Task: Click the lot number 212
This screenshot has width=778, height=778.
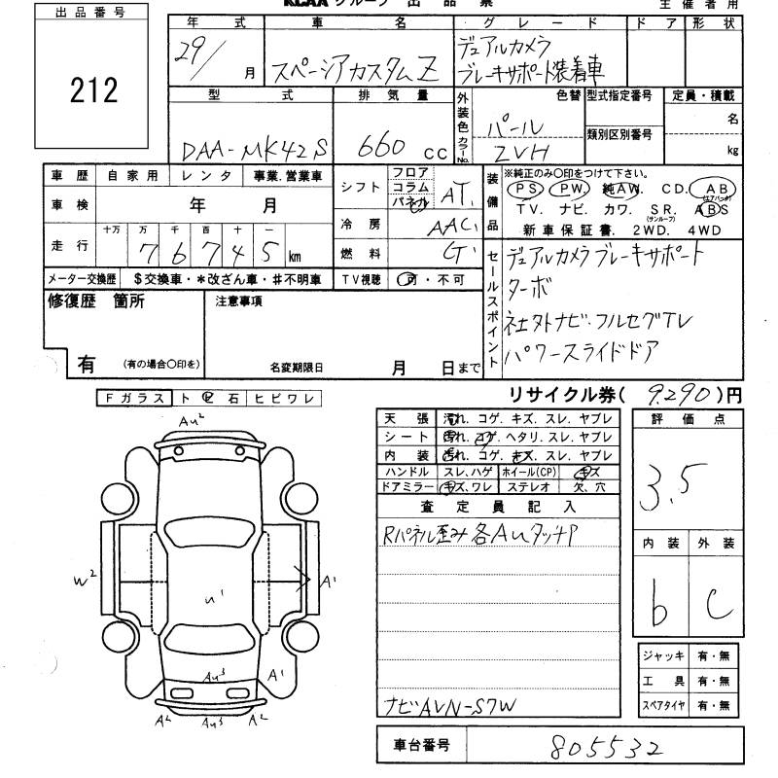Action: (x=93, y=90)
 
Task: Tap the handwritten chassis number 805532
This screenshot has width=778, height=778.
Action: (x=606, y=747)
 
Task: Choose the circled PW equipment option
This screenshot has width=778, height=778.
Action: (x=575, y=189)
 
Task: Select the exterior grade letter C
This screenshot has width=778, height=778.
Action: (x=719, y=605)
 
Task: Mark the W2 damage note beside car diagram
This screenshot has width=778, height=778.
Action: (x=85, y=581)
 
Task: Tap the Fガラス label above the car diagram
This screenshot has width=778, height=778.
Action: (x=132, y=398)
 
